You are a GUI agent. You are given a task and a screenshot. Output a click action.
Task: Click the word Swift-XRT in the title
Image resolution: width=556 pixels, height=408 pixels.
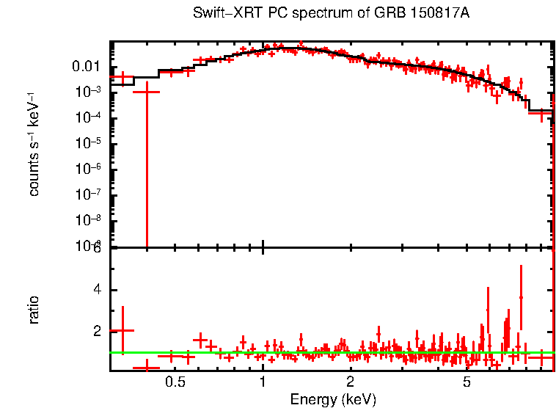click(x=222, y=14)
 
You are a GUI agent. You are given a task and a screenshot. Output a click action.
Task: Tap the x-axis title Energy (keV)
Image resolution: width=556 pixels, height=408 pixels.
click(x=333, y=399)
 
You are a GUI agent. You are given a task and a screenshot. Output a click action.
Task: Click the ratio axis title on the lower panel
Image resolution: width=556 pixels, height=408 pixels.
click(x=34, y=310)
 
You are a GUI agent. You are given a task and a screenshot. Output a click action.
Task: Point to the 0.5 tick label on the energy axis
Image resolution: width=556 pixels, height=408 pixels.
click(x=175, y=382)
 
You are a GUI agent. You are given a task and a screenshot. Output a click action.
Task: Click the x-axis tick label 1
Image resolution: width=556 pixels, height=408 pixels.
click(x=263, y=382)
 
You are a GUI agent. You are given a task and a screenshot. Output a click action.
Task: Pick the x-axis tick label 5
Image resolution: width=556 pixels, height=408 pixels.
click(x=467, y=382)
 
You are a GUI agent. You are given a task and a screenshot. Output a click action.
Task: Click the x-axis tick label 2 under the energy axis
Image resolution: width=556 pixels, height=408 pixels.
click(x=351, y=382)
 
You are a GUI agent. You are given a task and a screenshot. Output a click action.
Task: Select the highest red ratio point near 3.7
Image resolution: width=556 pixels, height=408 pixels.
click(x=521, y=297)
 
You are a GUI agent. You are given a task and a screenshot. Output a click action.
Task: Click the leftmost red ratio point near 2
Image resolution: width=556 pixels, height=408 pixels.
click(x=122, y=331)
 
